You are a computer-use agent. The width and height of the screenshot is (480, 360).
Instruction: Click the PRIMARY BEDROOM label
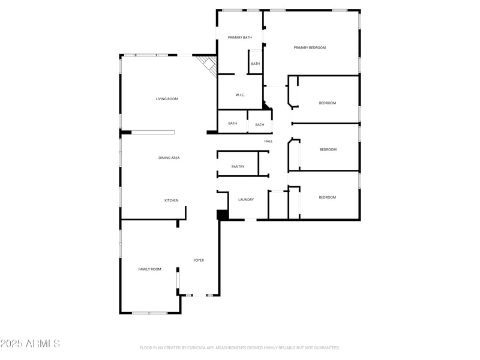(310, 47)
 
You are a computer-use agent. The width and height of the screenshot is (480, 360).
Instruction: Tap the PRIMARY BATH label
(239, 37)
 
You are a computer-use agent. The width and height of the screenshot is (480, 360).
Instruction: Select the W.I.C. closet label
(239, 95)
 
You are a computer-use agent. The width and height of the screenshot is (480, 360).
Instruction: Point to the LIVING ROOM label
(167, 99)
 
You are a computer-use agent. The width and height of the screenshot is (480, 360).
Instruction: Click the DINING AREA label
(169, 158)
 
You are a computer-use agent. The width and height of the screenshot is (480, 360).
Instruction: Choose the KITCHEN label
(172, 200)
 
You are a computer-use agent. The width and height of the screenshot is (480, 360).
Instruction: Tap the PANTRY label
(238, 166)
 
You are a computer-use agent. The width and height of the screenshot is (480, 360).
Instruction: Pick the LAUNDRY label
(246, 199)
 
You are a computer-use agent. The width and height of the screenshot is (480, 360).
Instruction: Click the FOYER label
(199, 260)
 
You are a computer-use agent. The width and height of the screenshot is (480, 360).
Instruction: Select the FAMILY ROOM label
(150, 269)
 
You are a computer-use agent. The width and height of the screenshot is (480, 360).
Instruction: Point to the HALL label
(268, 141)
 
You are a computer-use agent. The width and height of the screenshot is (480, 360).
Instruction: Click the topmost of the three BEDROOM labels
(328, 103)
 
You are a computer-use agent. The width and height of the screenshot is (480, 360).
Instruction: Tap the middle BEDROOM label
(328, 149)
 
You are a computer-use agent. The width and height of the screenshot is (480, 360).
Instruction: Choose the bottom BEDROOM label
(327, 197)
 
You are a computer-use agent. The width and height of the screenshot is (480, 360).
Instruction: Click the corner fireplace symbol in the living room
(208, 64)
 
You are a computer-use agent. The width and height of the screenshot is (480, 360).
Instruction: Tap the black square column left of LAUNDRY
(222, 215)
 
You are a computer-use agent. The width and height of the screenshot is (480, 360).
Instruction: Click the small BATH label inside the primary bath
(256, 64)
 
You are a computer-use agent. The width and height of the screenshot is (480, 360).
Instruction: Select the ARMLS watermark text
(30, 344)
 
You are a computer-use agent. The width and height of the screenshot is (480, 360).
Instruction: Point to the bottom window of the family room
(150, 313)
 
